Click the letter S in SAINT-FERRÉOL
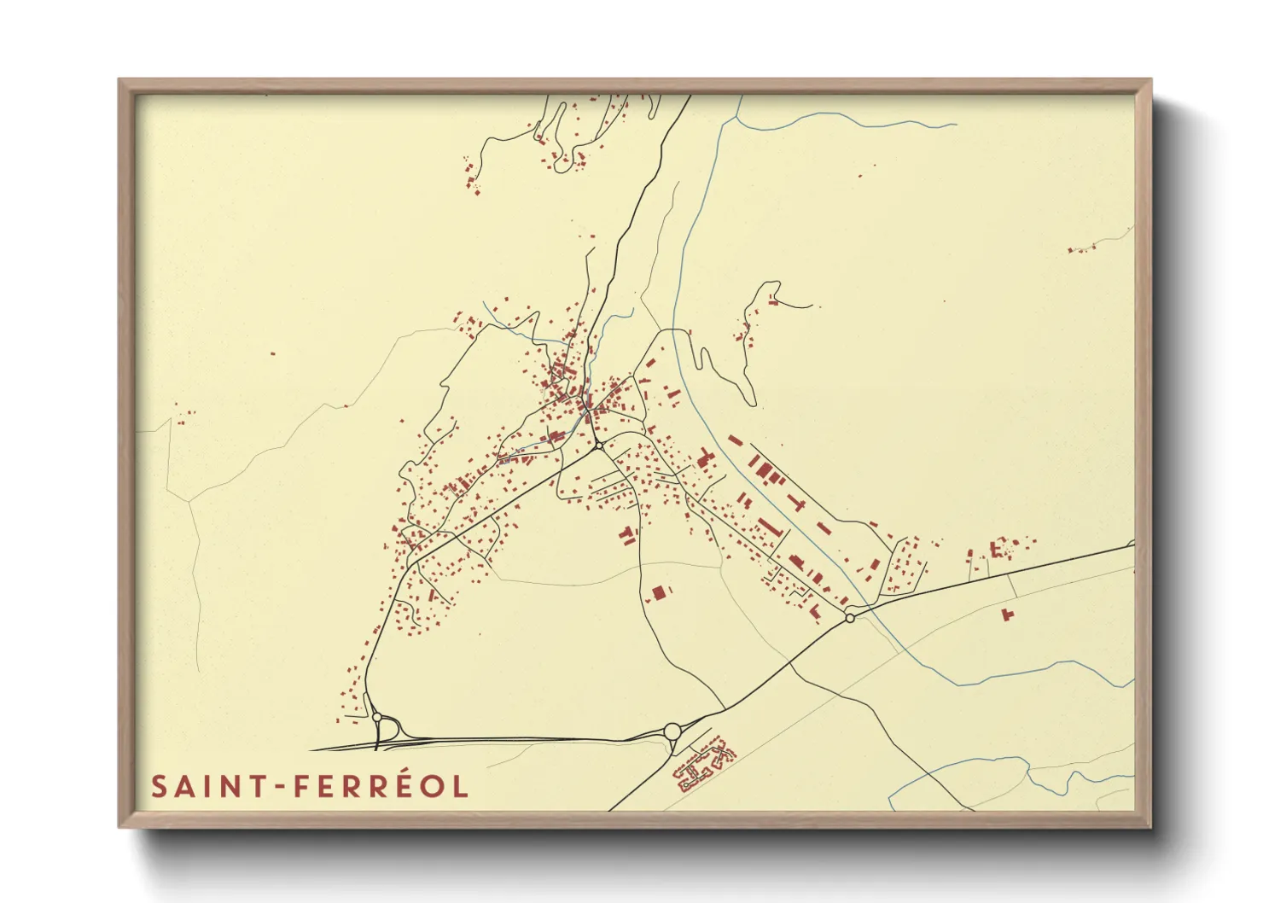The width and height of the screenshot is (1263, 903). pos(159,786)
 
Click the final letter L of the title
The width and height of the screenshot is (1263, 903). pos(462,786)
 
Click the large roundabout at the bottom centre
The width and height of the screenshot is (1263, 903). pos(672,731)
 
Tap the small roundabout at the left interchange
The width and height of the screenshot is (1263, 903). pos(377,718)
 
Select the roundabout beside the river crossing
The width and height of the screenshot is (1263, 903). pos(849,617)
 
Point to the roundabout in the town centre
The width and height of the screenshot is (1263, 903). pos(599,446)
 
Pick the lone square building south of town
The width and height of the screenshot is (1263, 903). pos(658,591)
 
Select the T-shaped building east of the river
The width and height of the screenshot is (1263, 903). pos(799,503)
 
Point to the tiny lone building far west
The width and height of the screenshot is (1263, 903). pos(273,352)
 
